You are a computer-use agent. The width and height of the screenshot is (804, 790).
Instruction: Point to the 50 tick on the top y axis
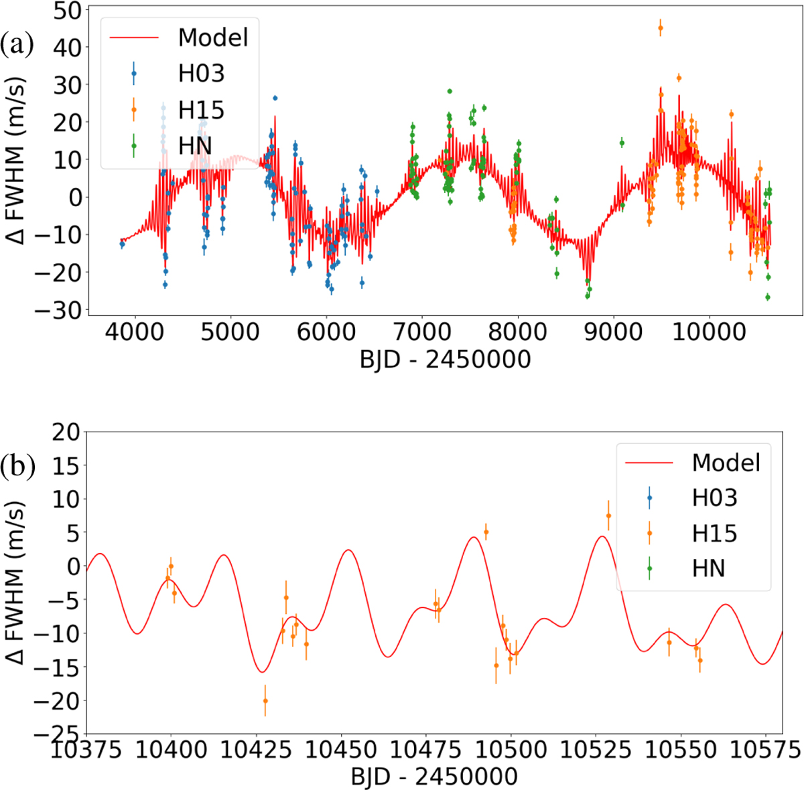coord(66,11)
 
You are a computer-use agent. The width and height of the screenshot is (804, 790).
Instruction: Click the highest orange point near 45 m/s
coord(661,28)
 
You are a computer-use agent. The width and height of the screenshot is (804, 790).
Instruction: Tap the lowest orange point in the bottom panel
coord(265,701)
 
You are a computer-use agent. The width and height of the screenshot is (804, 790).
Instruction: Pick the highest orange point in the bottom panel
coord(608,516)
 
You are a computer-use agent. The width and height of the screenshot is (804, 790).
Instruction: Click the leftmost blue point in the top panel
coord(122,244)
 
